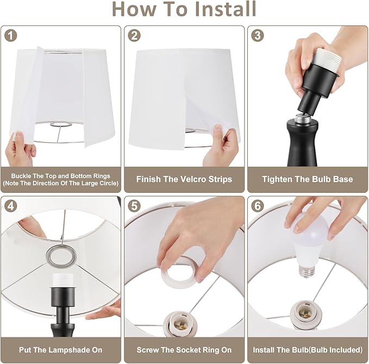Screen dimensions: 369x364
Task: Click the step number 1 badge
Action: [11, 36]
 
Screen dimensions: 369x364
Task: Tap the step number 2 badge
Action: [134, 36]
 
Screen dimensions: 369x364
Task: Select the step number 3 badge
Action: [258, 36]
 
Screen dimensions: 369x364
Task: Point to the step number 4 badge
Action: [11, 206]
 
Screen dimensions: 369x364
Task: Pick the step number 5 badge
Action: [134, 206]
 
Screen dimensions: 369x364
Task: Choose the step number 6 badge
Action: [258, 206]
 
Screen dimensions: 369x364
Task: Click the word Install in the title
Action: [226, 9]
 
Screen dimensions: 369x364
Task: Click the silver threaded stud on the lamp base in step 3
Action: [302, 117]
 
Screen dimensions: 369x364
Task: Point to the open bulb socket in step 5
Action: [180, 324]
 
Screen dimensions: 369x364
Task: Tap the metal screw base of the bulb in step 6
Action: [306, 271]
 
